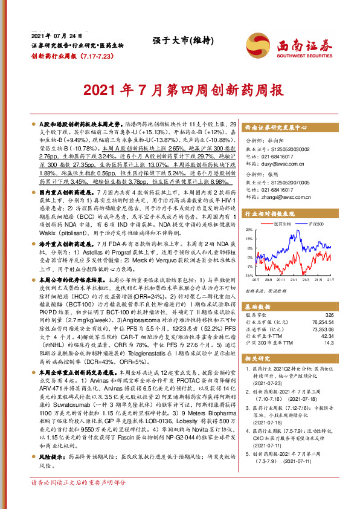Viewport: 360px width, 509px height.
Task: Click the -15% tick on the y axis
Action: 249,275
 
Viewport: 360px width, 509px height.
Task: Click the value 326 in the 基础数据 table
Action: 329,316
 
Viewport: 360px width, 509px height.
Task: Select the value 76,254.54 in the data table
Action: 321,323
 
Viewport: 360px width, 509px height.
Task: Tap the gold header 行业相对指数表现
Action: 268,213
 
